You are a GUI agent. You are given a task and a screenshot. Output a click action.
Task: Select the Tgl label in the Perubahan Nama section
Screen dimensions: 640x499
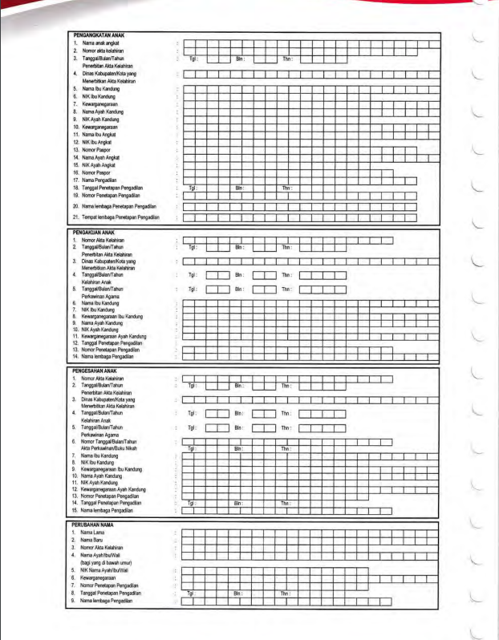pyautogui.click(x=191, y=593)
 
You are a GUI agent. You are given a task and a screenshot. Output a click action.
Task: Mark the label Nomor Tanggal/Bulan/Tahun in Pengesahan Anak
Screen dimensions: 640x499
pyautogui.click(x=109, y=440)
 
